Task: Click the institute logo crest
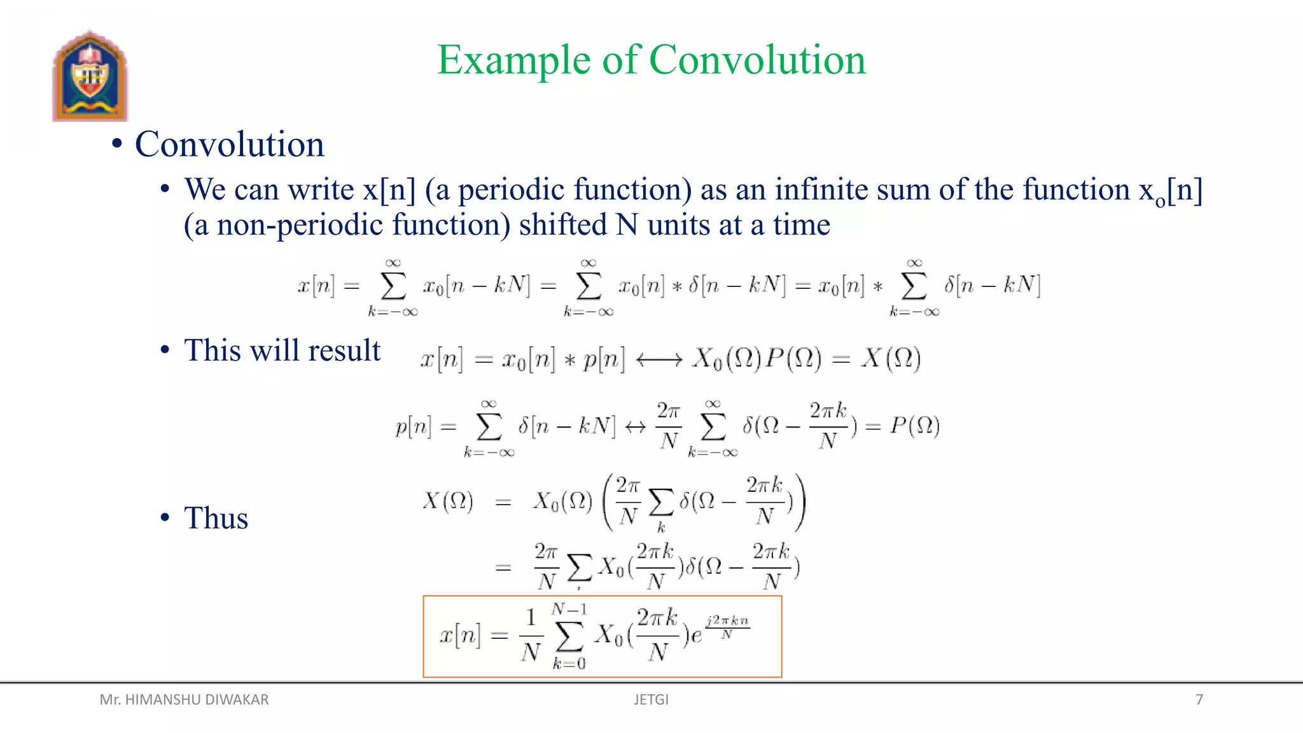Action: [90, 76]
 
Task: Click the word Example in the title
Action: [514, 60]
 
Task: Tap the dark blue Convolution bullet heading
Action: [229, 144]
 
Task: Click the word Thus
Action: [216, 518]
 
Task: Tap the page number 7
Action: [1199, 700]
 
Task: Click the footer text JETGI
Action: [651, 700]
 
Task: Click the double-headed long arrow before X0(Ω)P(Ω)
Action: [659, 360]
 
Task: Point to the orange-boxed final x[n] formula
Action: [602, 636]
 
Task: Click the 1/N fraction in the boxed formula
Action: [531, 635]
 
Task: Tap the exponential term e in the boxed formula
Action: [697, 635]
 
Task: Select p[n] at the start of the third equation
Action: [413, 426]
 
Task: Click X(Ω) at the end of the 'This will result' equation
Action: [891, 360]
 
